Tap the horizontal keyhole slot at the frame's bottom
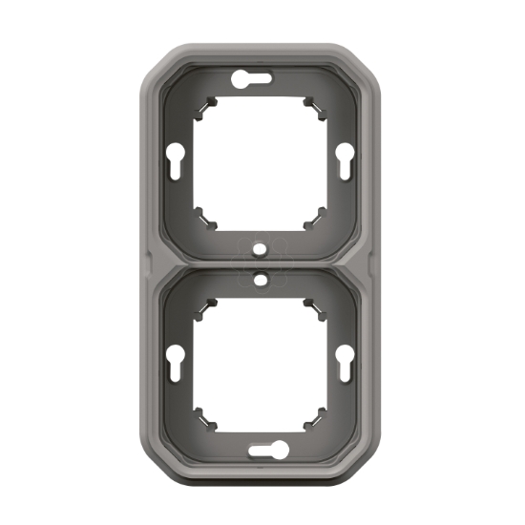point(262,449)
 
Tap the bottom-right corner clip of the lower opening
point(310,416)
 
